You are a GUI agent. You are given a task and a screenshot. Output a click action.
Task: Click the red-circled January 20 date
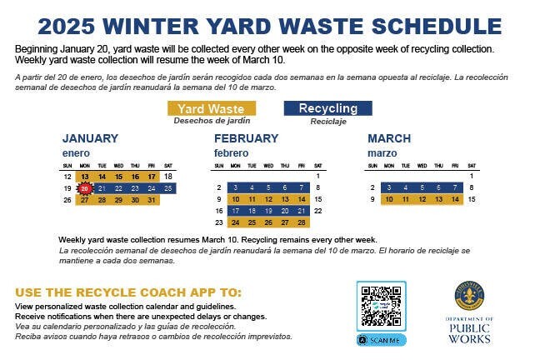click(x=85, y=188)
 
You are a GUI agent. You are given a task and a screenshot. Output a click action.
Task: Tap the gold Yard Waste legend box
click(x=211, y=108)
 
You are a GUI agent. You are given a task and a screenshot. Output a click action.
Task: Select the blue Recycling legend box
click(x=327, y=108)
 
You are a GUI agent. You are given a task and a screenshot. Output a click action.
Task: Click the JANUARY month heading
click(x=90, y=138)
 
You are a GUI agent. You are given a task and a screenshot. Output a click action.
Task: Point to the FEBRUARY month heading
click(x=246, y=138)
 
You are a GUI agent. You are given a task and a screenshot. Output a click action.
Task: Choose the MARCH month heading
click(x=389, y=138)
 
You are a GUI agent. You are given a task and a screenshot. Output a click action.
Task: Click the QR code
click(x=381, y=306)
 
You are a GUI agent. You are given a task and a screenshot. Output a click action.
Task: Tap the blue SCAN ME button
click(x=381, y=340)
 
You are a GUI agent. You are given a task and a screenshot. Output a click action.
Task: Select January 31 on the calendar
click(x=151, y=200)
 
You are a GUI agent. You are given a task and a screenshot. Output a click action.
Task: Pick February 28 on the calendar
click(x=302, y=223)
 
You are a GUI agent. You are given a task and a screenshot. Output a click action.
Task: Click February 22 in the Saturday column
click(x=318, y=212)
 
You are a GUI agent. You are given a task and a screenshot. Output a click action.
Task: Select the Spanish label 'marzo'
click(x=381, y=153)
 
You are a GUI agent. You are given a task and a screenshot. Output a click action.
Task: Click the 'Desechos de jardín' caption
click(x=211, y=121)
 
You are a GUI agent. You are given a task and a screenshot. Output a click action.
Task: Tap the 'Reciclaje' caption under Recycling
click(x=327, y=121)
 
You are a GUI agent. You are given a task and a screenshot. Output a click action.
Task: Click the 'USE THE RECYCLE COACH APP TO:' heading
click(x=129, y=292)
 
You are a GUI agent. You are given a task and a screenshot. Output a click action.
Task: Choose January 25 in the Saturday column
click(x=168, y=188)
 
